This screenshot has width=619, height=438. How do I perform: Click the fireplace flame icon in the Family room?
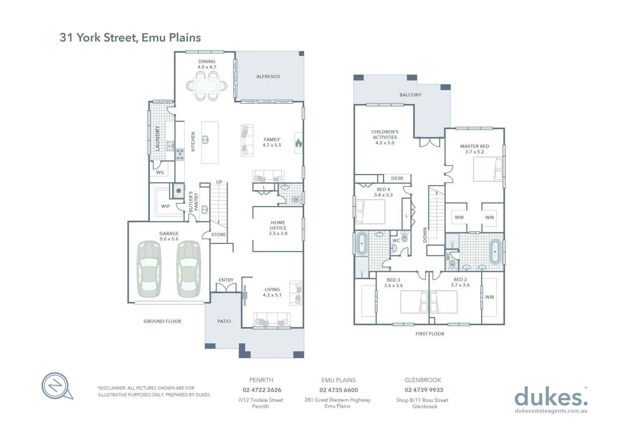point(298,143)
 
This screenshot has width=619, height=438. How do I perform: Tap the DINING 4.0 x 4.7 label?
point(207,64)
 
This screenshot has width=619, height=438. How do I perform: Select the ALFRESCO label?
point(268,76)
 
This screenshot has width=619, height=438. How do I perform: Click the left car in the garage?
point(149,268)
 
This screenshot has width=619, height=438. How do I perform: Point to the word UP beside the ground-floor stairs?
point(219,182)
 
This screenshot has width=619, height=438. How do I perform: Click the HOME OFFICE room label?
point(278,228)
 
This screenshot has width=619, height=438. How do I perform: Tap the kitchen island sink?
point(206,140)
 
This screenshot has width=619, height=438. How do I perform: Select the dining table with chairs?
point(207,86)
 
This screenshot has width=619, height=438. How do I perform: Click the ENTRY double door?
point(226,288)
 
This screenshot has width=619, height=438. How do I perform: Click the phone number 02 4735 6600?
point(338,390)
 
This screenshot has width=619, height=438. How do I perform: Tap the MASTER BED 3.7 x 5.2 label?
point(474,149)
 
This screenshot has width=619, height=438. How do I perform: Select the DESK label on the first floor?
point(397,178)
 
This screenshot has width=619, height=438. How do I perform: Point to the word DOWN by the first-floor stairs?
point(425,235)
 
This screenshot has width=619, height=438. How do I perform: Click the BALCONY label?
point(410,95)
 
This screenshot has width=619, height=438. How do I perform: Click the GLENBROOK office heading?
point(422,380)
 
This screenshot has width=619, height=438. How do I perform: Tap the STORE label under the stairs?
point(218,234)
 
